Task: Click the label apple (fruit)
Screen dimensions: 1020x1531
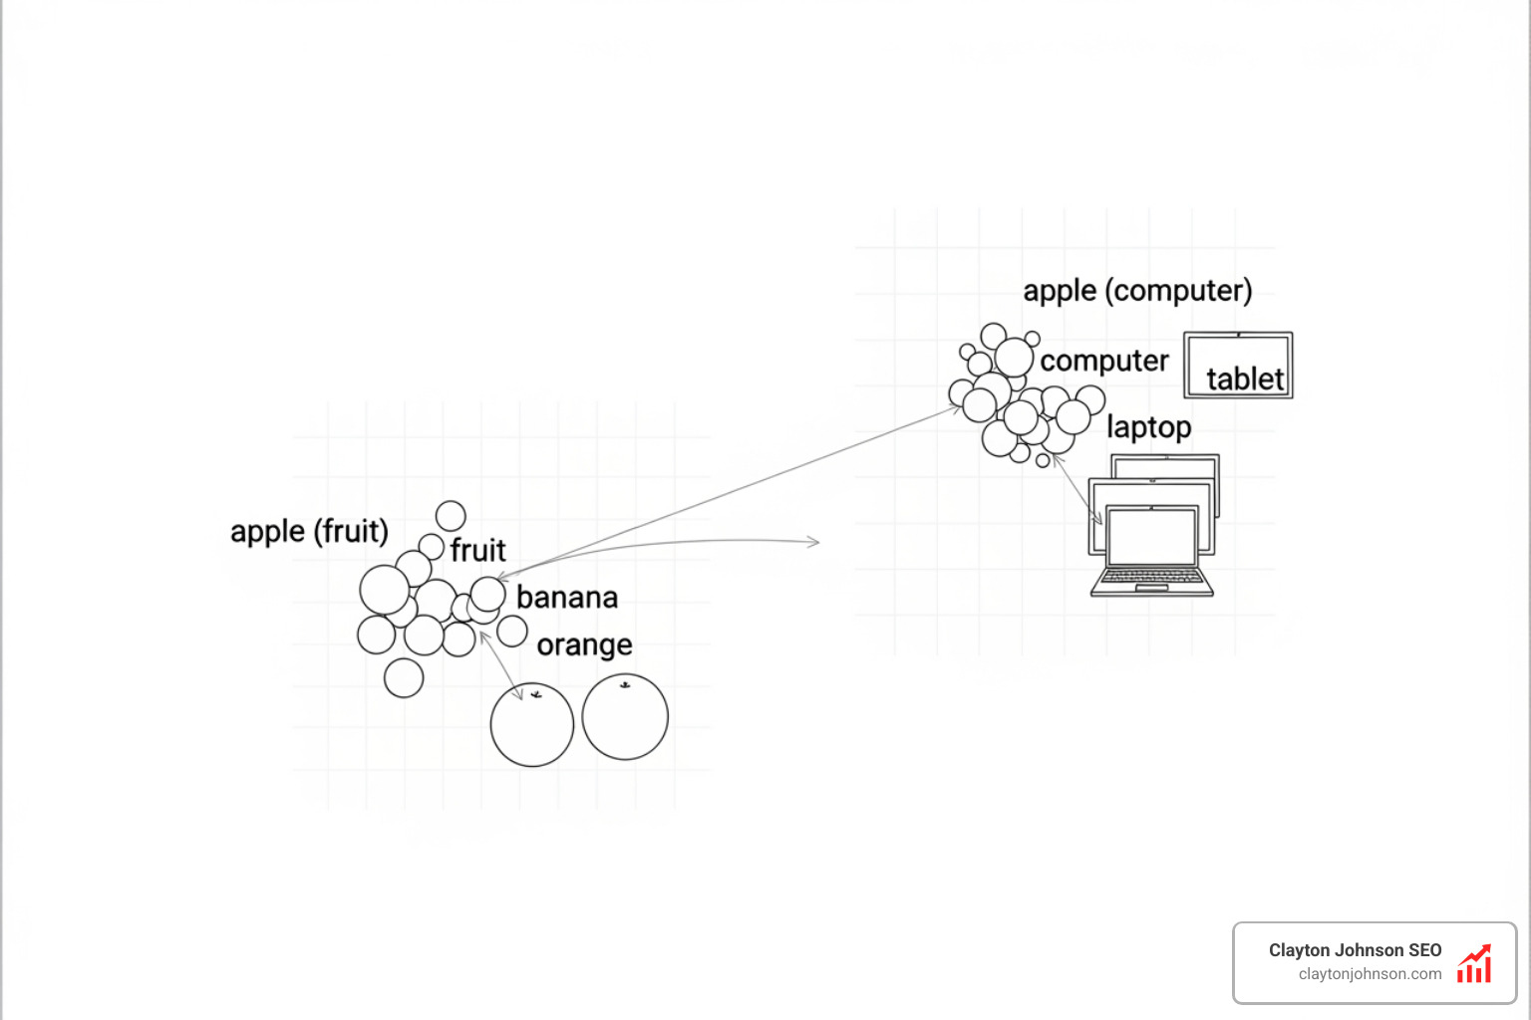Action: click(x=309, y=531)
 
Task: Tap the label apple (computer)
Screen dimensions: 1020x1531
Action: click(x=1137, y=291)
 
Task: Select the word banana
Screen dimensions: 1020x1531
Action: click(x=567, y=598)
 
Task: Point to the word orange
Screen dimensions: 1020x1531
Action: click(x=584, y=645)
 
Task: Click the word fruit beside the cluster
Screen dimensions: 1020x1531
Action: click(x=477, y=550)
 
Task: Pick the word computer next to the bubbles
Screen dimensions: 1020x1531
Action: click(x=1103, y=361)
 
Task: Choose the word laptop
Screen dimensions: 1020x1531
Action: click(x=1148, y=427)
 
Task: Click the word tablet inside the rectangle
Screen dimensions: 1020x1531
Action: click(x=1245, y=380)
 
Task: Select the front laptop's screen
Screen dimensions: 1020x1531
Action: click(x=1152, y=537)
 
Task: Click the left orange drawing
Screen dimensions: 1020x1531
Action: click(x=532, y=725)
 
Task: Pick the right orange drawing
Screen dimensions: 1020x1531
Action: click(x=625, y=717)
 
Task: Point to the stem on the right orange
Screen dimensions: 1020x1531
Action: click(x=625, y=684)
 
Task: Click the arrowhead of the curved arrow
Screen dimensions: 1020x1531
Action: click(x=815, y=542)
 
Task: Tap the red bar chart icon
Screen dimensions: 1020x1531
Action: click(x=1474, y=964)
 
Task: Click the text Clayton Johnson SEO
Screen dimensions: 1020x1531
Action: click(x=1355, y=950)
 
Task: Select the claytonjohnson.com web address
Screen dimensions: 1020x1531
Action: click(x=1370, y=974)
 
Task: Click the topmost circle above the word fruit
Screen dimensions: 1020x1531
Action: click(x=451, y=516)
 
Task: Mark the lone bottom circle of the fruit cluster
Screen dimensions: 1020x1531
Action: click(x=404, y=677)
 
